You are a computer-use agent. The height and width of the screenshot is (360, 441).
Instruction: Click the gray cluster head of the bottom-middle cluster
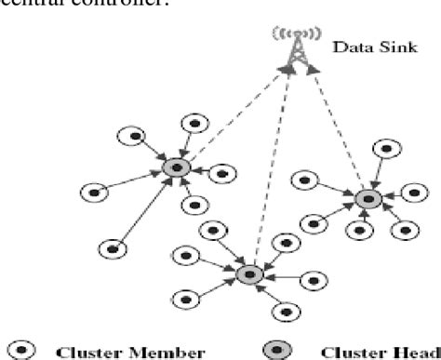pos(247,273)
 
